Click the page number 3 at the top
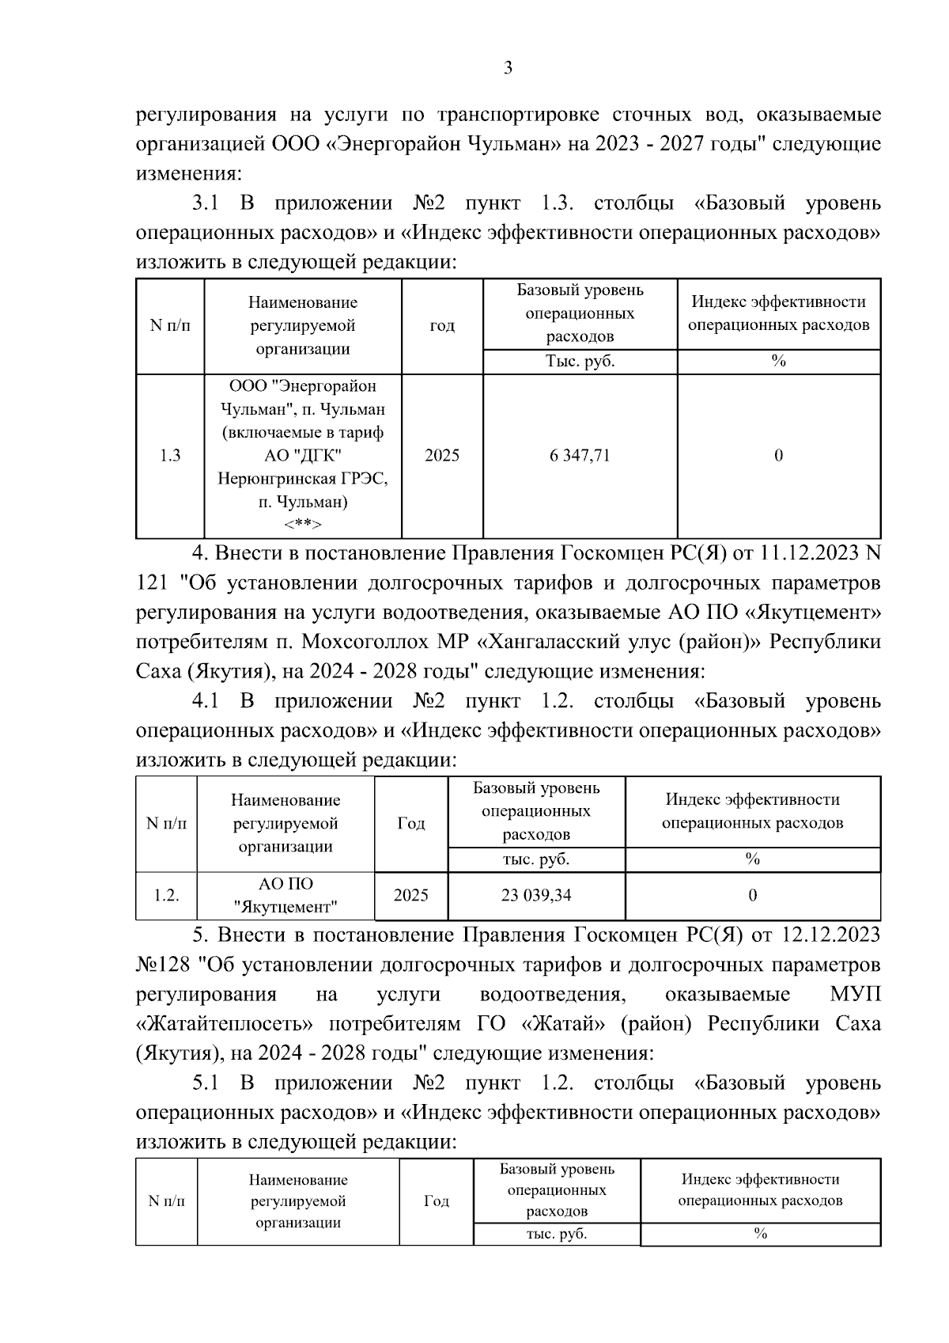pos(508,68)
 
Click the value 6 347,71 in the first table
pos(580,456)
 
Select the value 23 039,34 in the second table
pos(536,895)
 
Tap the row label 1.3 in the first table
pos(170,456)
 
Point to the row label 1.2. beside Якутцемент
pos(166,895)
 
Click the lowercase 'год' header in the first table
pos(442,326)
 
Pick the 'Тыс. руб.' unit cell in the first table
pos(580,362)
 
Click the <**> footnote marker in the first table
pos(303,525)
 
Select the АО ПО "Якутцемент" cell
pos(285,895)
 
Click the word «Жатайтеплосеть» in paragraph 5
pos(224,1025)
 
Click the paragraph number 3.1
pos(204,204)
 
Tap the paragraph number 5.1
pos(204,1083)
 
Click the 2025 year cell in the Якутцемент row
pos(410,895)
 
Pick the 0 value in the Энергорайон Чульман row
pos(778,456)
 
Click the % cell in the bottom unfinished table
pos(760,1234)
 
